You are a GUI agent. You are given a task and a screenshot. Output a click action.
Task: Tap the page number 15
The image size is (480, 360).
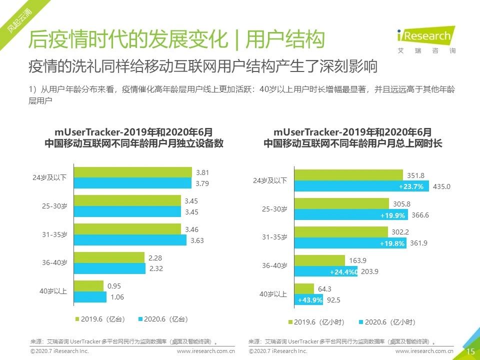point(470,351)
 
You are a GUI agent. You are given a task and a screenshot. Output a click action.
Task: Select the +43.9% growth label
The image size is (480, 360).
point(310,300)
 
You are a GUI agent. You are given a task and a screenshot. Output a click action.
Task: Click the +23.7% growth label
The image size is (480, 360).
point(411,186)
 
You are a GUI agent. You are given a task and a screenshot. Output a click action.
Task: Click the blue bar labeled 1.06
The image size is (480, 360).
point(90,297)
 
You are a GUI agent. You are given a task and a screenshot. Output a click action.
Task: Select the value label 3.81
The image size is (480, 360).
point(202,172)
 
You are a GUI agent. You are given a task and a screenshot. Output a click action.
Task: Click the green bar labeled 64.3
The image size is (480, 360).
point(304,289)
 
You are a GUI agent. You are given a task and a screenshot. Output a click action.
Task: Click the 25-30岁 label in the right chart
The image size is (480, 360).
point(275,209)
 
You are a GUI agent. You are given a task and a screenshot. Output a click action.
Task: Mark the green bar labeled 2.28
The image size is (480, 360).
point(109,257)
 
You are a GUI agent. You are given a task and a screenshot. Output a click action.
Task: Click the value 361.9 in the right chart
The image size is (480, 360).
point(418,243)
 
